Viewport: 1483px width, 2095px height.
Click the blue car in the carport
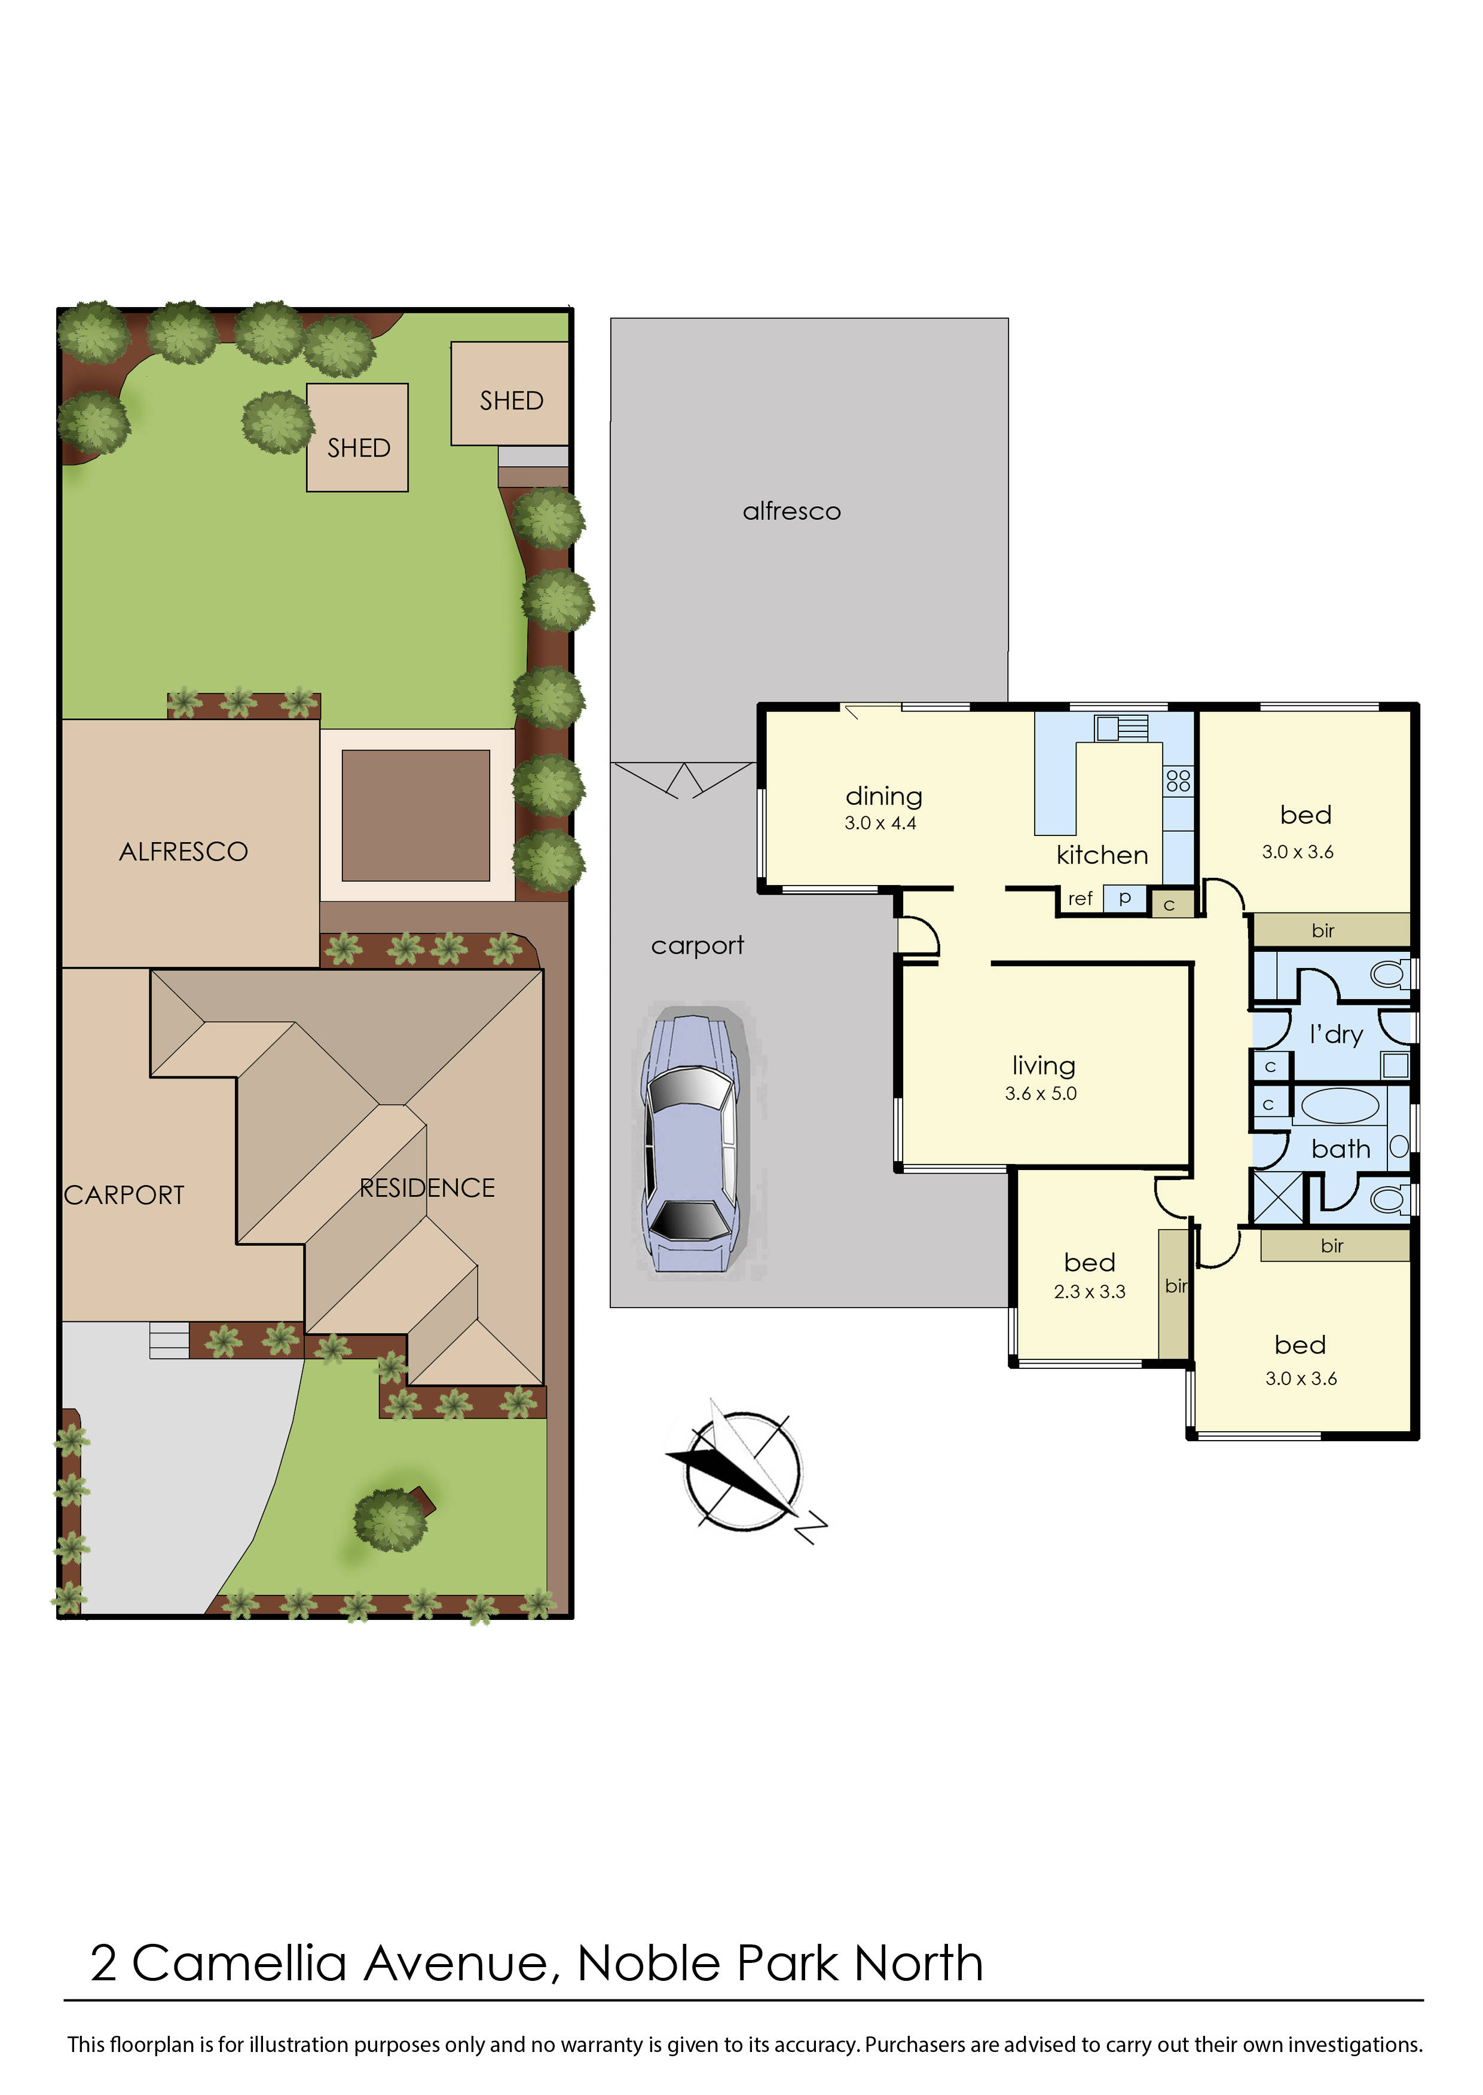click(x=692, y=1143)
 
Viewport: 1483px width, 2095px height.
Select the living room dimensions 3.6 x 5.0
click(x=1041, y=1094)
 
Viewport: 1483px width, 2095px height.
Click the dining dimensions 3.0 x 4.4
click(x=880, y=823)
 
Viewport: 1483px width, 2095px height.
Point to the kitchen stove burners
click(x=1178, y=780)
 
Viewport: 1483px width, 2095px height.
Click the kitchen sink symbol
click(x=1120, y=728)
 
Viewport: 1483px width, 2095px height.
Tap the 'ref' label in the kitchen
click(x=1080, y=899)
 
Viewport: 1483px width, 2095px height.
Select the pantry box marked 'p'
click(x=1125, y=898)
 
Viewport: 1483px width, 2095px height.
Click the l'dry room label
click(x=1336, y=1034)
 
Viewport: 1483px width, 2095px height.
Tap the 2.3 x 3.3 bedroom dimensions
click(x=1090, y=1292)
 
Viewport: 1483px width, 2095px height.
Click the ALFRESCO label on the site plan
click(x=184, y=852)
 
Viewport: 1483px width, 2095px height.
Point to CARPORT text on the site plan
click(x=124, y=1195)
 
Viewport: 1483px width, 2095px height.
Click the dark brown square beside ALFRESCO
click(x=415, y=815)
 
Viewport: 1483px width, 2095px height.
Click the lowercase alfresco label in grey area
click(x=792, y=511)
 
